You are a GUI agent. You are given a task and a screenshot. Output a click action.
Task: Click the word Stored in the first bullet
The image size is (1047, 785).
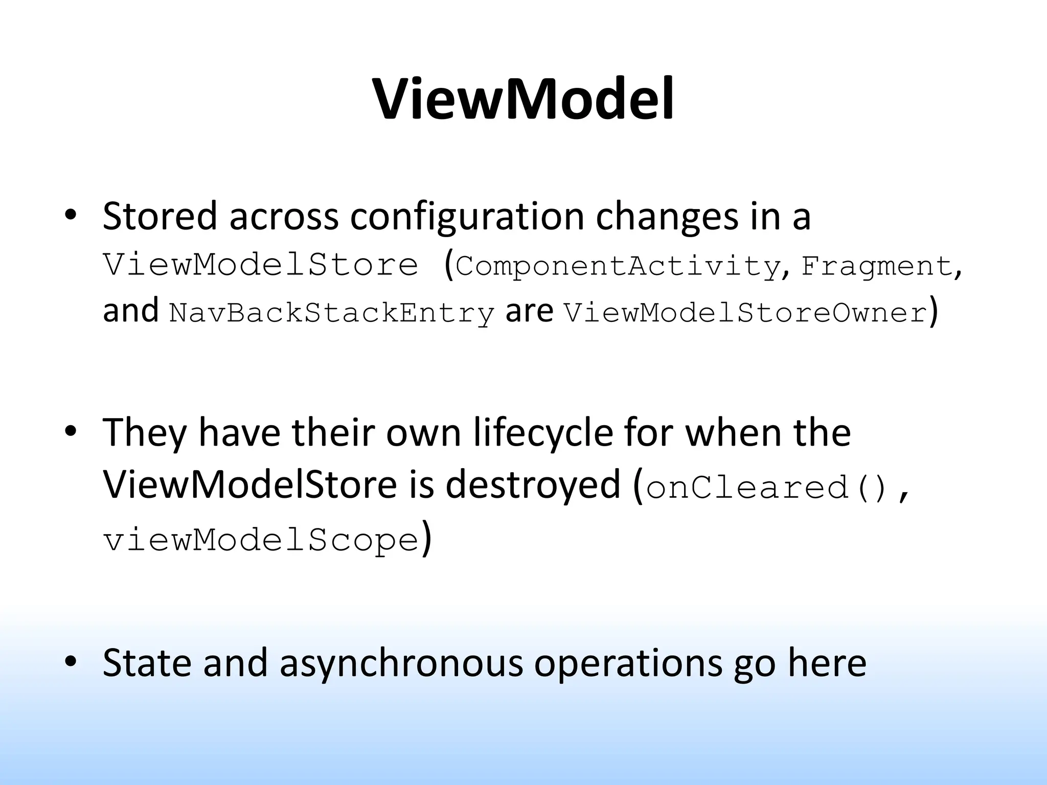pyautogui.click(x=160, y=216)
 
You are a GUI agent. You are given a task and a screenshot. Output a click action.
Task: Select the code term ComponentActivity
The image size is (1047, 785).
pyautogui.click(x=617, y=266)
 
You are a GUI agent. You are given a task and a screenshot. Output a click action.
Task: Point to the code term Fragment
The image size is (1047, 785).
pyautogui.click(x=876, y=266)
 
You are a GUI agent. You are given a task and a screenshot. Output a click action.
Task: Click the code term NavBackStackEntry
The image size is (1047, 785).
pyautogui.click(x=332, y=313)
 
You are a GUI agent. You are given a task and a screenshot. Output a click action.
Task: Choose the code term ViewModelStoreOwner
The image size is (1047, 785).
pyautogui.click(x=745, y=313)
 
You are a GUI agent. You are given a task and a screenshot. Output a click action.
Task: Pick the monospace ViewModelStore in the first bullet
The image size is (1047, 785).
pyautogui.click(x=261, y=265)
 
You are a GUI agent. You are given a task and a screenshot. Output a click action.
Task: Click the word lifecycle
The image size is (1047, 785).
pyautogui.click(x=542, y=432)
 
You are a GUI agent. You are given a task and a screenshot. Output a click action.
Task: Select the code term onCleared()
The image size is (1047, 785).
pyautogui.click(x=767, y=487)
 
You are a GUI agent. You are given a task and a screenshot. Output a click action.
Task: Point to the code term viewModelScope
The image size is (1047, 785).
pyautogui.click(x=261, y=540)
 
